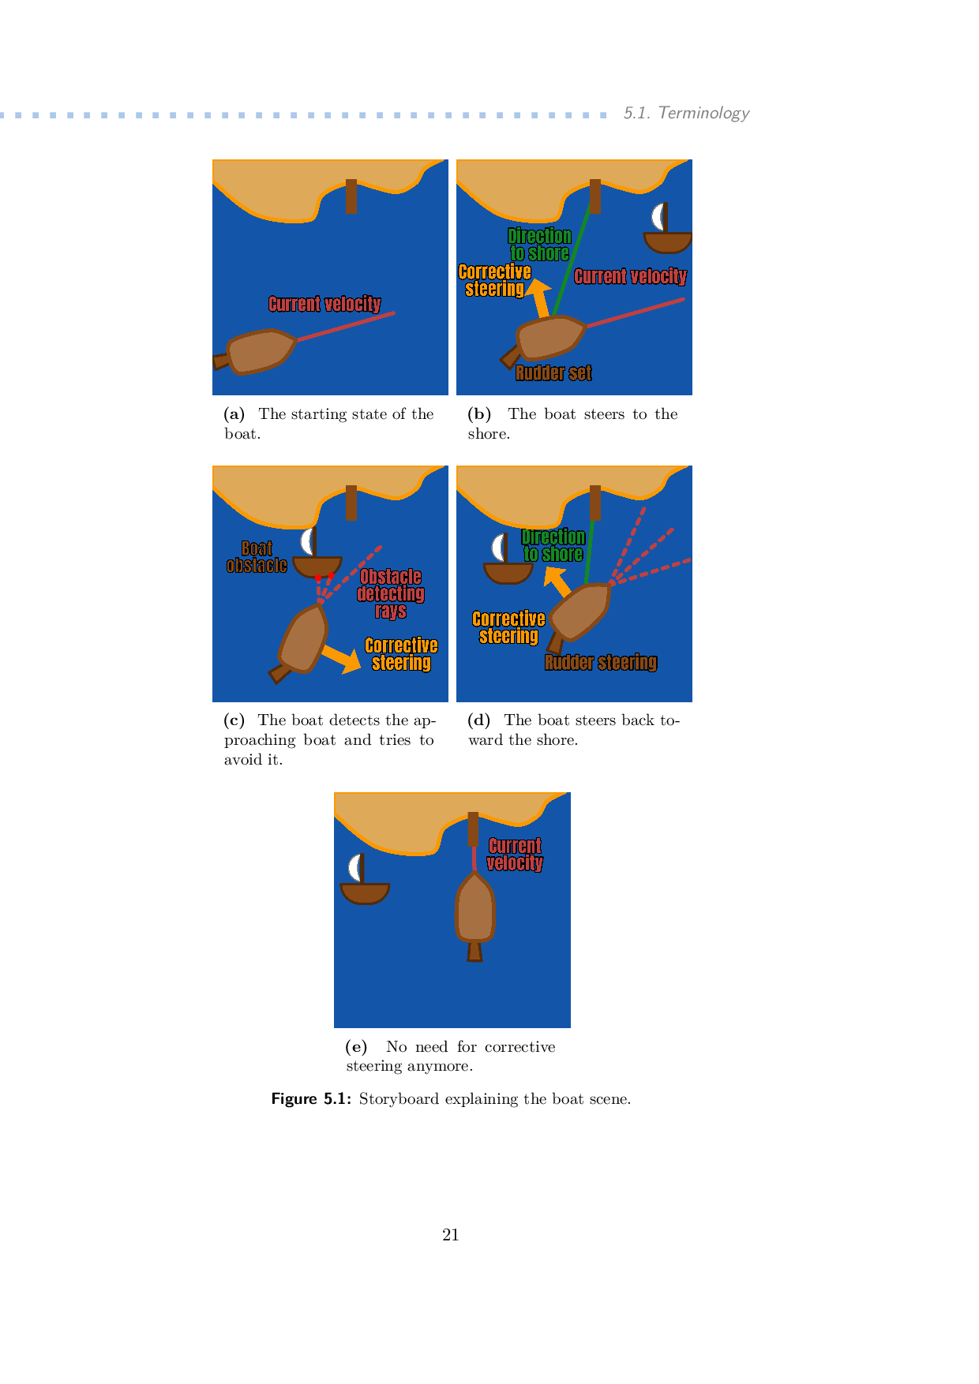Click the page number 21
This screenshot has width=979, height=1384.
click(x=451, y=1235)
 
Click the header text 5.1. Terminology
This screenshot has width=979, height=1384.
click(x=686, y=113)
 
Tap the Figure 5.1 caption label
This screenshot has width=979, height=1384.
click(x=311, y=1098)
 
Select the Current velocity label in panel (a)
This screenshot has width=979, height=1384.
click(x=324, y=304)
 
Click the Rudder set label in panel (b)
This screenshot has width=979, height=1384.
click(x=553, y=372)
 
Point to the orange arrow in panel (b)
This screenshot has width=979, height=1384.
click(x=538, y=298)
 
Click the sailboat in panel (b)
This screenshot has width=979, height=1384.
click(x=668, y=228)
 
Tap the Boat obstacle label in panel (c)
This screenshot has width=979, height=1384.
click(x=257, y=557)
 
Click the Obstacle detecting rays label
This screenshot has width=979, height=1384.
click(x=391, y=593)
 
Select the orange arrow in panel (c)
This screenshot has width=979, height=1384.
click(x=342, y=658)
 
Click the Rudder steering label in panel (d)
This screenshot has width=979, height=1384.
click(x=601, y=662)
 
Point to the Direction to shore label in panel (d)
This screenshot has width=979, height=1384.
click(x=553, y=545)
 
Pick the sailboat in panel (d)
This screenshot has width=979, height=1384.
click(x=508, y=559)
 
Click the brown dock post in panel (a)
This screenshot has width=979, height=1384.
click(x=351, y=196)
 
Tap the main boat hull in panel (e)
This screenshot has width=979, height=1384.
click(x=474, y=907)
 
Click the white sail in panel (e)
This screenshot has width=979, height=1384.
click(x=355, y=868)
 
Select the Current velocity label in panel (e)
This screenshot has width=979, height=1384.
click(x=515, y=855)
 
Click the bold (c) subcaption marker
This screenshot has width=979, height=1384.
click(x=234, y=720)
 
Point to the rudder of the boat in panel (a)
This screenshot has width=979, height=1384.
click(x=221, y=361)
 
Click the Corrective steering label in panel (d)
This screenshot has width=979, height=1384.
click(x=508, y=627)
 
